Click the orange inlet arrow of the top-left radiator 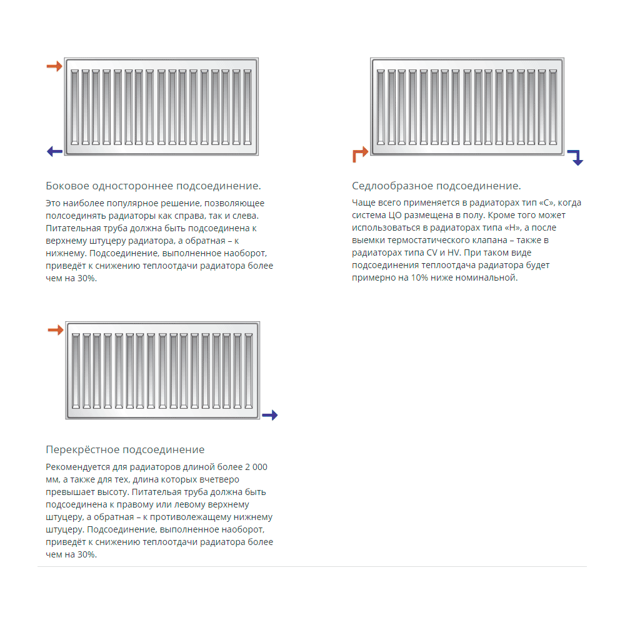[x=54, y=66]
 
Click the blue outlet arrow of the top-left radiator [x=54, y=151]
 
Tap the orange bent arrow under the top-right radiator [x=359, y=154]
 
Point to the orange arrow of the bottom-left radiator [x=56, y=330]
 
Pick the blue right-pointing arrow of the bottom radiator [x=269, y=415]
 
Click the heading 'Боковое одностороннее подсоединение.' [x=153, y=186]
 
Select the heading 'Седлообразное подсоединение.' [x=436, y=186]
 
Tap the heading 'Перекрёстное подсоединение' [x=125, y=449]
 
